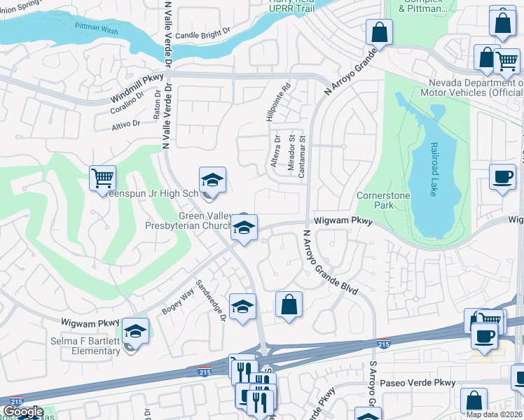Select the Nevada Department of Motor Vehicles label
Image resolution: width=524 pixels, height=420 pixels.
pyautogui.click(x=471, y=87)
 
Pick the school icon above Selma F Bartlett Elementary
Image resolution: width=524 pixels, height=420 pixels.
pyautogui.click(x=135, y=330)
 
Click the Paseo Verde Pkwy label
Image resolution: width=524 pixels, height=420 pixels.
pyautogui.click(x=418, y=383)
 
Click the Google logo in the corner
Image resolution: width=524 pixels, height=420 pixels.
pyautogui.click(x=22, y=412)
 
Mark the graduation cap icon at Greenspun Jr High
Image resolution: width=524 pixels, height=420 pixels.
pyautogui.click(x=212, y=180)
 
